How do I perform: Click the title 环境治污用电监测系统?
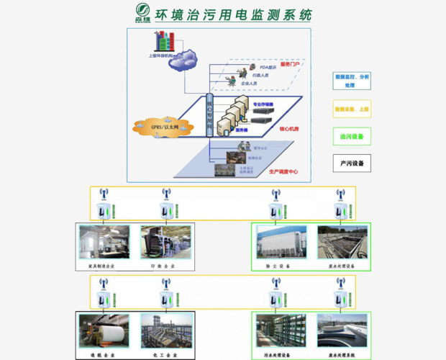(233, 14)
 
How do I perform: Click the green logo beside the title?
(142, 14)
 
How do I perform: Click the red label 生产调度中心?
(283, 171)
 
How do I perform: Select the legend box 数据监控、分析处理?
(352, 80)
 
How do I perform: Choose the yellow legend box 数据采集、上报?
(352, 109)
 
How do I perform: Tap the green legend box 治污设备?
(352, 136)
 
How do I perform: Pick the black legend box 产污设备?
(352, 163)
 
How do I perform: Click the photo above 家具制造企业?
(105, 242)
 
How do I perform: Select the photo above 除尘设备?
(281, 242)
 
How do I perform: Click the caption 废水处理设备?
(341, 266)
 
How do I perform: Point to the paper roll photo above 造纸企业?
(105, 330)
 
